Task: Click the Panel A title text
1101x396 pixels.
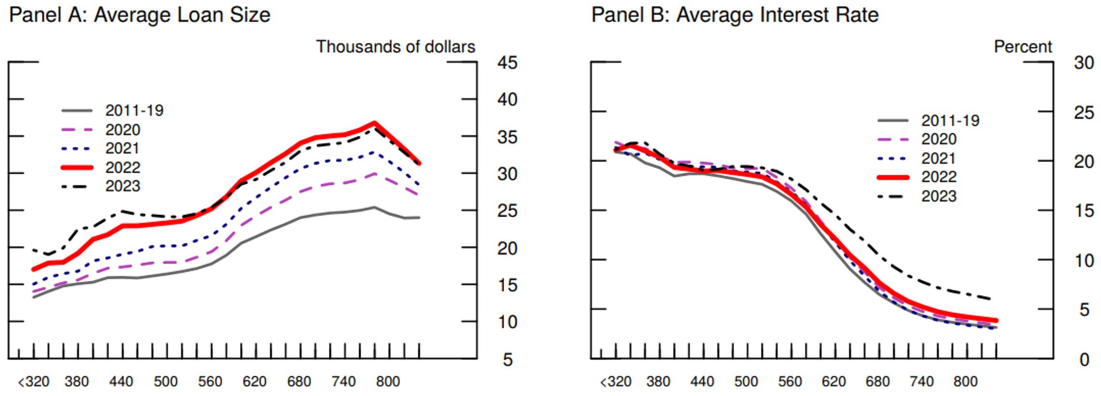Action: [x=140, y=15]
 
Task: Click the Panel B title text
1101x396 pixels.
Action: [x=735, y=15]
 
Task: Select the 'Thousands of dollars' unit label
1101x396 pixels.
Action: [x=395, y=47]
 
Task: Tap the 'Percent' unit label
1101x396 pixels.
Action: [x=1023, y=47]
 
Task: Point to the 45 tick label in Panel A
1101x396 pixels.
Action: [x=507, y=63]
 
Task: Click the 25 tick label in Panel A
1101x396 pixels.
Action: [x=507, y=211]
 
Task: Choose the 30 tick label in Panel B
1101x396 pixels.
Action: [x=1084, y=63]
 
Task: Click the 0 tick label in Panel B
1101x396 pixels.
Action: [x=1084, y=359]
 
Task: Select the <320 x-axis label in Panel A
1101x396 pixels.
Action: [x=34, y=382]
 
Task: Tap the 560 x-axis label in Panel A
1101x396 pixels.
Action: [x=210, y=382]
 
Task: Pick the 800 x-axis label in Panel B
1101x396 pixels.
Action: [x=965, y=382]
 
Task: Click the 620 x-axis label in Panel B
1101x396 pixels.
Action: [x=833, y=382]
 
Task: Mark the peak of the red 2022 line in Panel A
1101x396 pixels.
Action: [x=374, y=123]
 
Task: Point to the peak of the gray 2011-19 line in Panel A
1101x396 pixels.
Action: [x=374, y=207]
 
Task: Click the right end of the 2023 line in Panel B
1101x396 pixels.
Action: [x=990, y=299]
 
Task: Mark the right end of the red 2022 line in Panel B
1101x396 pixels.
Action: [x=996, y=320]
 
